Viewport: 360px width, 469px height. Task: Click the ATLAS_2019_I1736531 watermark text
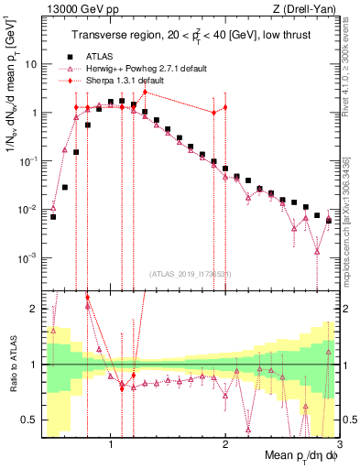pyautogui.click(x=191, y=273)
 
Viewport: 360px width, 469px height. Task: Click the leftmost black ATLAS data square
pyautogui.click(x=53, y=217)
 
